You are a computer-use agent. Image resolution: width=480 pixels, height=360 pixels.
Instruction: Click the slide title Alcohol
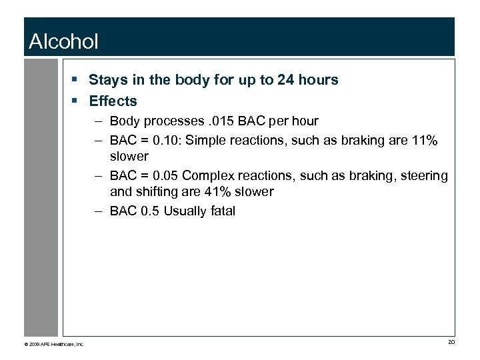(x=63, y=42)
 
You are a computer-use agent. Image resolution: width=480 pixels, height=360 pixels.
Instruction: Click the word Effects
(x=113, y=101)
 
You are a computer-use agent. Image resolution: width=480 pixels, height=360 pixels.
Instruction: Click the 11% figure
(x=424, y=140)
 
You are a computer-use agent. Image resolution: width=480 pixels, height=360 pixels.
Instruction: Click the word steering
(x=425, y=175)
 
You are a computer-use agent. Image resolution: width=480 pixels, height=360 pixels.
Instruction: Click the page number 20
(x=451, y=343)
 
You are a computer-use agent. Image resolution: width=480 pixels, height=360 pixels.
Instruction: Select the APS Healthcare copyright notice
(x=54, y=344)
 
